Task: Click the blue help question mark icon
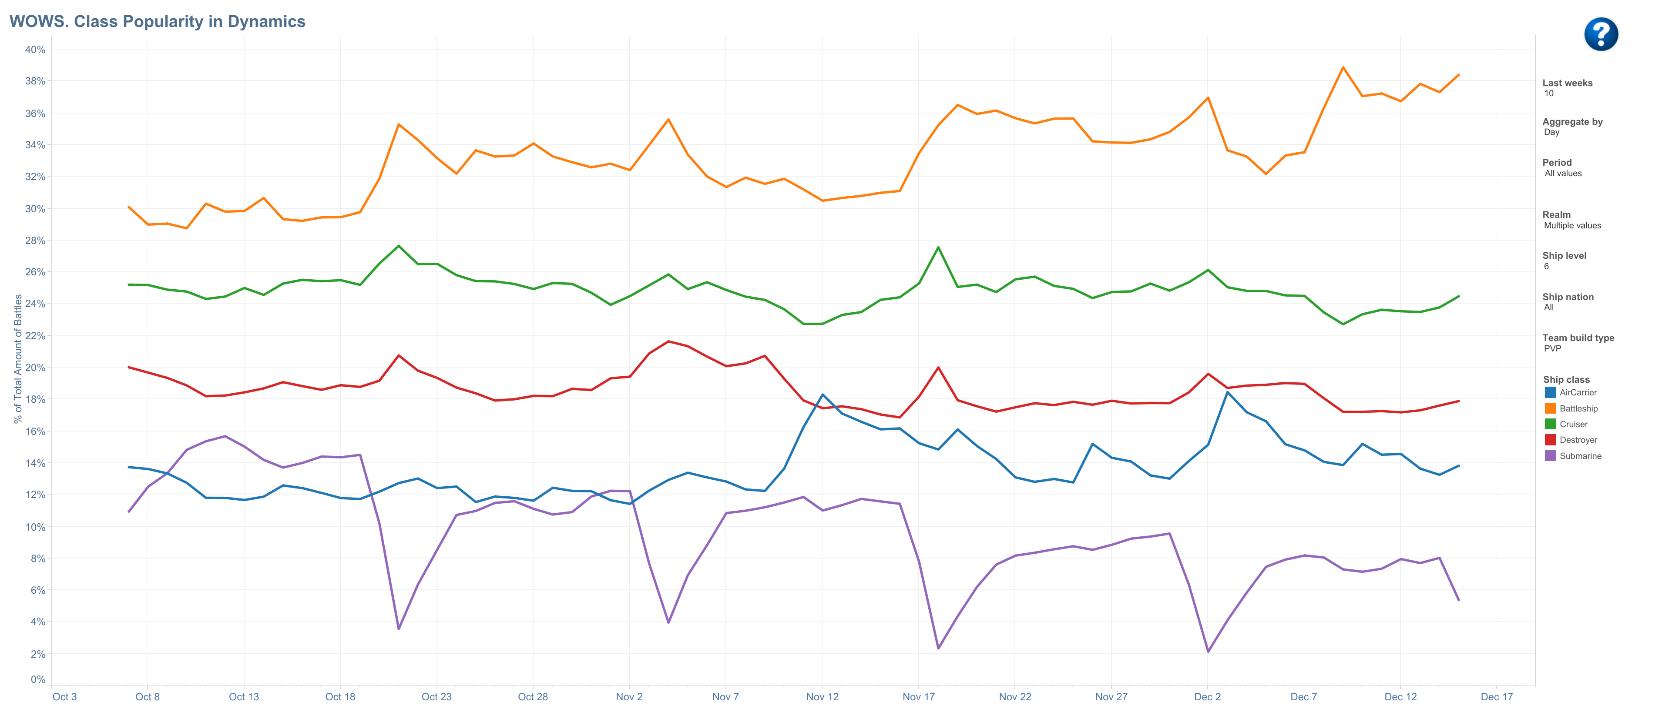1601,34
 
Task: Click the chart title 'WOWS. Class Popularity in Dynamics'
157,21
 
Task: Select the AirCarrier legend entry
1577,393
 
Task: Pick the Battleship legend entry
1578,408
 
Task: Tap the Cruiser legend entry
1573,425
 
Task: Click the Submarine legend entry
1580,456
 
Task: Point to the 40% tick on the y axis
35,49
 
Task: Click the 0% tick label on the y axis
38,679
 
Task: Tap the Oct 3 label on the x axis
64,697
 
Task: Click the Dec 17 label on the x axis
1496,697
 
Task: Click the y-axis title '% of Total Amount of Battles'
18,358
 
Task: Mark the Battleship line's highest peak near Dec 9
1343,67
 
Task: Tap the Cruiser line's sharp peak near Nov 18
938,247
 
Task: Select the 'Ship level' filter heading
1564,256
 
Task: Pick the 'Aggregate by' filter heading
1572,122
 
